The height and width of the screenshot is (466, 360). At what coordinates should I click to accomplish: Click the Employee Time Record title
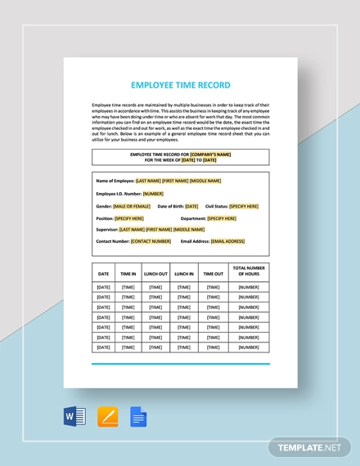pos(180,84)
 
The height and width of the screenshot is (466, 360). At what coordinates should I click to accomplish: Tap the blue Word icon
pos(74,417)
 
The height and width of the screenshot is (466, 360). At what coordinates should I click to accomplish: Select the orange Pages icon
pos(107,417)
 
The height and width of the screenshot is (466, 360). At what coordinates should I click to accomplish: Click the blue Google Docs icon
pos(138,417)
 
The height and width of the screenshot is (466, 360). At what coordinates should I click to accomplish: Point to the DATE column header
pos(103,274)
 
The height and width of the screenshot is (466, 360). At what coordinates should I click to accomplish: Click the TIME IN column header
pos(128,274)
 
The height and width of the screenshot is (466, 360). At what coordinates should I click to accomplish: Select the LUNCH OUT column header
pos(155,274)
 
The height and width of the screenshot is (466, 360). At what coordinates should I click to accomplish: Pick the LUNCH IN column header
pos(184,274)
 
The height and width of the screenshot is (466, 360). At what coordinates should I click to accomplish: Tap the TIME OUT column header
pos(213,274)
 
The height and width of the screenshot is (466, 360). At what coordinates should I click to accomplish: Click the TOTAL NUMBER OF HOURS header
pos(249,271)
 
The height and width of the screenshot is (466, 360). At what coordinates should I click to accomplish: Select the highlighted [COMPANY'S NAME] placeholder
pos(210,154)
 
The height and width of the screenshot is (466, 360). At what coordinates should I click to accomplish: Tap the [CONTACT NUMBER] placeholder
pos(151,241)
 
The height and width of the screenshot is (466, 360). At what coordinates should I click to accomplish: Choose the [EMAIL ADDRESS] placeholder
pos(228,241)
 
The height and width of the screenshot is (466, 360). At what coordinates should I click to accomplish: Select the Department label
pos(193,218)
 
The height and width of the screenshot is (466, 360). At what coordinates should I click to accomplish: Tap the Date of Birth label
pos(171,206)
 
